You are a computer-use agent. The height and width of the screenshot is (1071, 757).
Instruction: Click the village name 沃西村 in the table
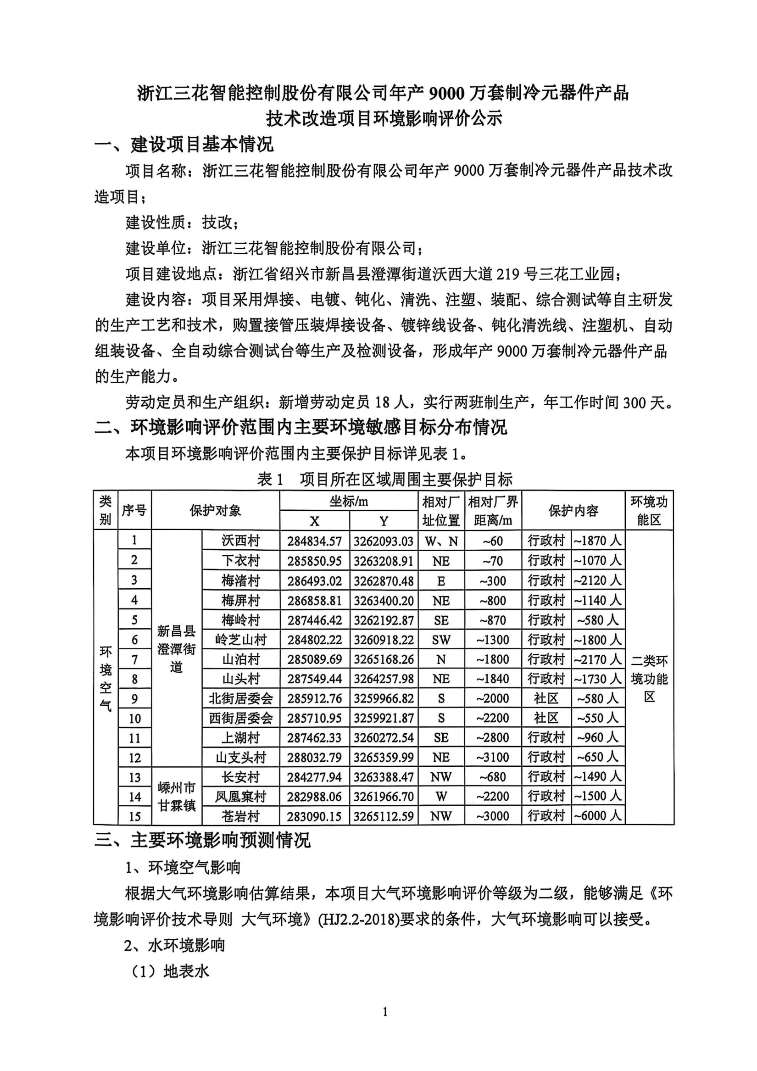[x=240, y=541]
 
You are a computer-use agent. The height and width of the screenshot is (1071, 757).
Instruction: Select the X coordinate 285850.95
[x=314, y=561]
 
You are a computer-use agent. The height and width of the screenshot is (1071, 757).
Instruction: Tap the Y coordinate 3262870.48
[x=383, y=581]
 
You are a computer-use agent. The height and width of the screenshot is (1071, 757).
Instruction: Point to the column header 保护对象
[x=215, y=510]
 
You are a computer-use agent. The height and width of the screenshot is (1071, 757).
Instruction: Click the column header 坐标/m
[x=348, y=501]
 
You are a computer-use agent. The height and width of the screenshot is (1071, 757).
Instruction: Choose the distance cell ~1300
[x=493, y=640]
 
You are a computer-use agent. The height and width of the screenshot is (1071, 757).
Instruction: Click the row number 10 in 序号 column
[x=134, y=718]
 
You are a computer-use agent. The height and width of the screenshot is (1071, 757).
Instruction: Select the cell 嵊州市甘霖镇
[x=176, y=797]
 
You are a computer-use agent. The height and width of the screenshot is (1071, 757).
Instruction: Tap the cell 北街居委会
[x=240, y=699]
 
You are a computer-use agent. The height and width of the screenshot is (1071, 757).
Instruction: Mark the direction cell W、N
[x=441, y=541]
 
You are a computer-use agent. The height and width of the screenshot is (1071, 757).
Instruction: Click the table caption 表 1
[x=270, y=479]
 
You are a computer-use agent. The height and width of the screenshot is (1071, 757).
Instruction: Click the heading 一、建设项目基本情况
[x=184, y=145]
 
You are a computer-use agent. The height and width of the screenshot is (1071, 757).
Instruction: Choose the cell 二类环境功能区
[x=649, y=679]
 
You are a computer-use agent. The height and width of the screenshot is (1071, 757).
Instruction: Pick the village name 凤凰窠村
[x=240, y=797]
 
